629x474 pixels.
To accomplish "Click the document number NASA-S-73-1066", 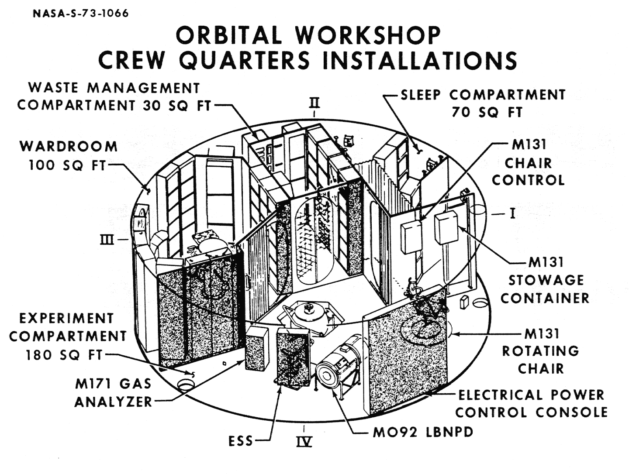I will click(x=81, y=13).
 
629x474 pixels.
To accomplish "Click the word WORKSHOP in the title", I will click(x=367, y=36).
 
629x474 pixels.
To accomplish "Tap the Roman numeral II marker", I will click(x=314, y=103).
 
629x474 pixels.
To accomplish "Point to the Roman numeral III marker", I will click(x=107, y=240).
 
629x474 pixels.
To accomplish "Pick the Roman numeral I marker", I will click(x=512, y=213).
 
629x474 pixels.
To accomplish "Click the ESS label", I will click(x=241, y=441).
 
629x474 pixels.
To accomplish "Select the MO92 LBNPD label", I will click(x=423, y=433).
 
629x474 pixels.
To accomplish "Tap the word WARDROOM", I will click(x=69, y=146).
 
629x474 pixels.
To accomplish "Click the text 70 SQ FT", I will click(x=487, y=113).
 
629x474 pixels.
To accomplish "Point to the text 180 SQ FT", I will click(x=64, y=355).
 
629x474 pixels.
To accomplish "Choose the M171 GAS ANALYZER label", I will click(x=113, y=393).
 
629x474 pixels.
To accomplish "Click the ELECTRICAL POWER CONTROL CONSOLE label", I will click(x=531, y=404).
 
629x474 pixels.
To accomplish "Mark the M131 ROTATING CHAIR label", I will click(x=541, y=351).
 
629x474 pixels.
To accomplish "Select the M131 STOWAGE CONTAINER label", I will click(x=545, y=280).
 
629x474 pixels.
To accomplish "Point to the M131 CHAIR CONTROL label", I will click(x=528, y=163).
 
